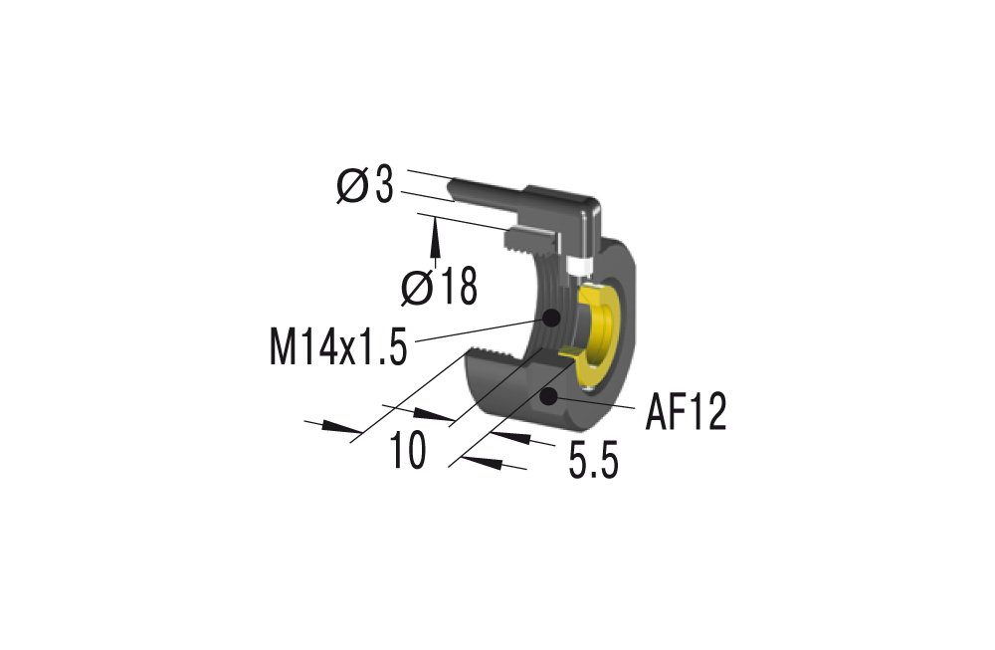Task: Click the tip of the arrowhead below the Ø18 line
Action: tap(436, 217)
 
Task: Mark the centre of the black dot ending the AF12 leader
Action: tap(548, 397)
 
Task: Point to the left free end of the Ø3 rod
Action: tap(451, 190)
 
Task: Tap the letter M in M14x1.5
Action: tap(283, 346)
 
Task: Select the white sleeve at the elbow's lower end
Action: tap(579, 267)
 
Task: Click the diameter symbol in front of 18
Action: tap(417, 288)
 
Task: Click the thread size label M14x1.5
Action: tap(338, 346)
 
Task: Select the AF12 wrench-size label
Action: tap(686, 412)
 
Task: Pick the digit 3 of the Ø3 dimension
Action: tap(383, 186)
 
